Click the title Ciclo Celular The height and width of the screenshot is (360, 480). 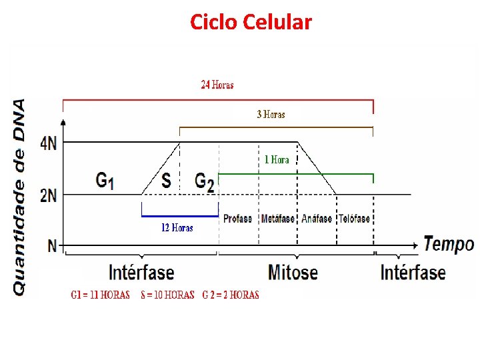(251, 22)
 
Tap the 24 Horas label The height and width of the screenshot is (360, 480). (217, 85)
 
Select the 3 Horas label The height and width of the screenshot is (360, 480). (271, 115)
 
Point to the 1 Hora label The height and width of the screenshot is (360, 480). (277, 160)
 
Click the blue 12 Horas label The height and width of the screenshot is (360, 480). (177, 228)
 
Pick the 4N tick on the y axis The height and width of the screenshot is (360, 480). (49, 143)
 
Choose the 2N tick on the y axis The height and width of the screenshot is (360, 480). (49, 195)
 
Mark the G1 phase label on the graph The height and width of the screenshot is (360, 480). (105, 181)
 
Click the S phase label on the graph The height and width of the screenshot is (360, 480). (167, 181)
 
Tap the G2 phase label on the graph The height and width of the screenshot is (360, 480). (205, 182)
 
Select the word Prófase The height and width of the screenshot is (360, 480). (238, 219)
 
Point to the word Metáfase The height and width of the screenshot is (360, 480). (278, 219)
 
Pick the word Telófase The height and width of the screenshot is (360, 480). (354, 219)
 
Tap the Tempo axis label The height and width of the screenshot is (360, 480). (449, 244)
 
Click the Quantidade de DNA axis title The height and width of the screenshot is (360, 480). (19, 197)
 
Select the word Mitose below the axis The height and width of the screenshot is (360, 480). (293, 272)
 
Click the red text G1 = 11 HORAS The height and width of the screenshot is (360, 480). (101, 295)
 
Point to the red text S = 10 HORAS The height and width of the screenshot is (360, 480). (167, 295)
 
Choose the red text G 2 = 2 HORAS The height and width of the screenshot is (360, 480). (231, 295)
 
